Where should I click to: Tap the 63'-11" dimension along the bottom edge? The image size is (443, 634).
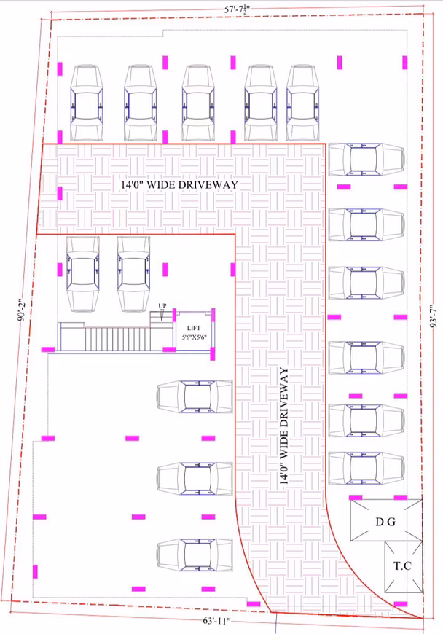click(x=216, y=621)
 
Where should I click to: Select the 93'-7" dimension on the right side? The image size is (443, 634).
click(x=434, y=316)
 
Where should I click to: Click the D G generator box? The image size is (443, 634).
click(x=386, y=520)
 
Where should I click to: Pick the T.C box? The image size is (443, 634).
click(x=403, y=566)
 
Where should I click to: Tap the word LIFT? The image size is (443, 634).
click(x=194, y=328)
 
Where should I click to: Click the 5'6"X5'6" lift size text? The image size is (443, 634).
click(x=194, y=337)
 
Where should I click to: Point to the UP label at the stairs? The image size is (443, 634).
click(x=162, y=305)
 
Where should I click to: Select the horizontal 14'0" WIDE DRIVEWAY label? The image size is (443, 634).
click(x=180, y=185)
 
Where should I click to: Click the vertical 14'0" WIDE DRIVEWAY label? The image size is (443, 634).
click(x=284, y=426)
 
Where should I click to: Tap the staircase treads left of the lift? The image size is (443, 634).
click(x=117, y=339)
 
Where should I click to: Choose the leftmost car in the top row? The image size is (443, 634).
click(x=87, y=103)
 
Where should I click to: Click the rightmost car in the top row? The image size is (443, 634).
click(x=303, y=103)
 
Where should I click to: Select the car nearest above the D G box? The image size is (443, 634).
click(x=366, y=468)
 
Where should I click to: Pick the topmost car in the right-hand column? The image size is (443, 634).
click(x=366, y=160)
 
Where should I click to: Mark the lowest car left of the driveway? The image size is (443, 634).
click(x=195, y=555)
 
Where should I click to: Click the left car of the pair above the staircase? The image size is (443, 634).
click(x=83, y=274)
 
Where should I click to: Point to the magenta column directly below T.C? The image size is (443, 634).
click(x=401, y=604)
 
